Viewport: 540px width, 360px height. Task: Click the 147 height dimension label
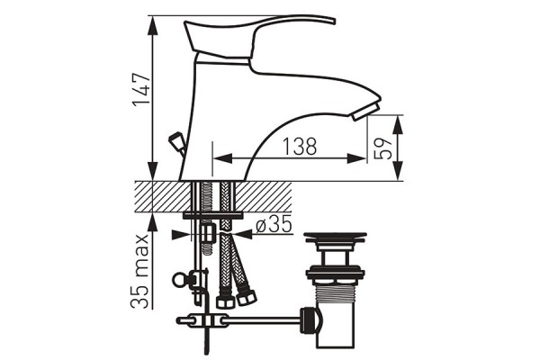(x=142, y=90)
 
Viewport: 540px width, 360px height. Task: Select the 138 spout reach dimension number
(x=300, y=147)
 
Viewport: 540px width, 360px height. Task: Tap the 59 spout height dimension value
(x=383, y=148)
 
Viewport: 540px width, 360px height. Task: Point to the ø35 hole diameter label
(x=274, y=224)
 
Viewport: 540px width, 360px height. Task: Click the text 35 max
(x=140, y=272)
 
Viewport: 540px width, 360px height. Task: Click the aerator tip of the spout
(x=365, y=112)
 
